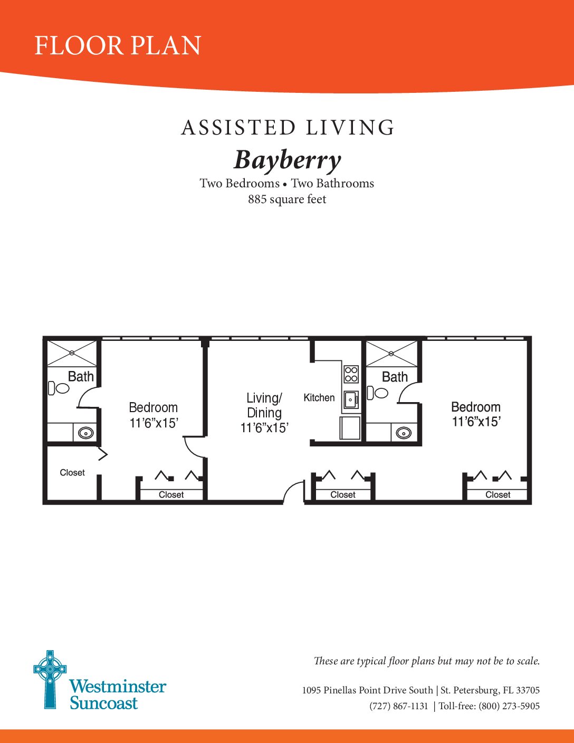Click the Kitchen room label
pos(319,398)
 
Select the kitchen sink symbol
pos(351,399)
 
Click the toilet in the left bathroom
pos(59,388)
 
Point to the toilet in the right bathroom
pos(377,393)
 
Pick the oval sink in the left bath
pos(86,433)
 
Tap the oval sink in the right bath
pos(404,433)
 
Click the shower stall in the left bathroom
pos(72,353)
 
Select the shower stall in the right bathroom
pos(392,354)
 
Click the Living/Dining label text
pos(264,405)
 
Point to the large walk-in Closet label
pos(72,472)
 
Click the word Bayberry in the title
pos(287,160)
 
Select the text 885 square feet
pos(287,199)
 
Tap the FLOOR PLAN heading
pos(118,45)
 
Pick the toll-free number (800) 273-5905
pos(509,706)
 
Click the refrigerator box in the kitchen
pos(350,428)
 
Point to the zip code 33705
pos(528,690)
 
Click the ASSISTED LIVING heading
pos(288,128)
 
